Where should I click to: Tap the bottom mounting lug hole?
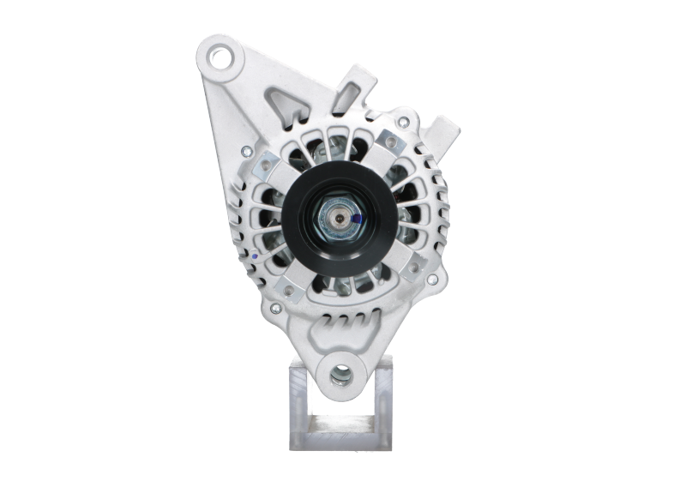340,375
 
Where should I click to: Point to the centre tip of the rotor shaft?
340,220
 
